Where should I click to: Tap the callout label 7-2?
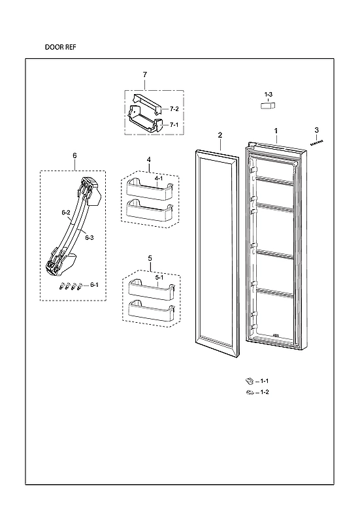point(174,108)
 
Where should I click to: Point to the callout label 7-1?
point(174,124)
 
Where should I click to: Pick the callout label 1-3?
point(269,95)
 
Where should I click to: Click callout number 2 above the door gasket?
point(220,135)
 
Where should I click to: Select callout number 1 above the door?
point(276,131)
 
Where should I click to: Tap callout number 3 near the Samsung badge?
point(317,130)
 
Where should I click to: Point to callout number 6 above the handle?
point(74,156)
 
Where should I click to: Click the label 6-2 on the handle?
point(66,213)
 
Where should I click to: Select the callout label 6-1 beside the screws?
point(94,285)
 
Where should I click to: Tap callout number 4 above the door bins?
point(149,160)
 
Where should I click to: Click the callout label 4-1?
point(159,176)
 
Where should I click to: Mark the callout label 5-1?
point(159,276)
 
